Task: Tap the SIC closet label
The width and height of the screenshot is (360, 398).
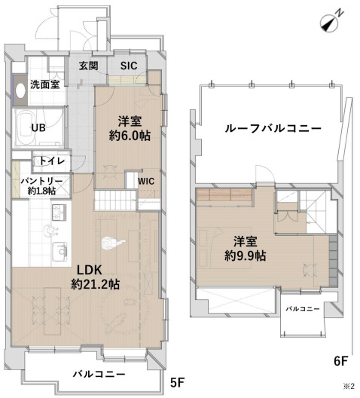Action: (129, 66)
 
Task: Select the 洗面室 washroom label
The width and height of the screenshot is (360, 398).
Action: (44, 85)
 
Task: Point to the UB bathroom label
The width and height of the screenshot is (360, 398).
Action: (38, 127)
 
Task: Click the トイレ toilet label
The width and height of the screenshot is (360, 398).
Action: (51, 161)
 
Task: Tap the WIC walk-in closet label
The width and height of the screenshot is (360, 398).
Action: (146, 180)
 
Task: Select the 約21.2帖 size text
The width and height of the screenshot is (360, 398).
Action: (96, 284)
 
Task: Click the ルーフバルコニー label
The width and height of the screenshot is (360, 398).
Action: (273, 128)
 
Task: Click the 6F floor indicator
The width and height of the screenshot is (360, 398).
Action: (343, 361)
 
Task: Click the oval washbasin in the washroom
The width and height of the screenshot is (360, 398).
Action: (20, 91)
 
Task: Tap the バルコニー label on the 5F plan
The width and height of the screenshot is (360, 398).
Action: (99, 374)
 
